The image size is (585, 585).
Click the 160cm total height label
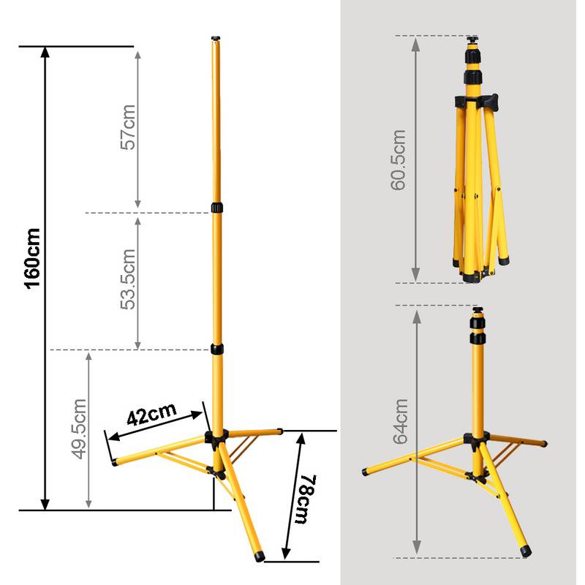[x=32, y=259]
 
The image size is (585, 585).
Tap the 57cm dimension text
[x=128, y=127]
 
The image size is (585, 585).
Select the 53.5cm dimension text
[x=128, y=279]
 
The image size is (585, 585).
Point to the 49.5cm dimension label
[x=79, y=429]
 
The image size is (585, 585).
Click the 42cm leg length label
[x=151, y=413]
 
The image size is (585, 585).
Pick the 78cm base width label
[x=306, y=499]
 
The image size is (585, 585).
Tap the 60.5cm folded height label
[x=398, y=160]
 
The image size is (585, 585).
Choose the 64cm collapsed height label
[x=401, y=422]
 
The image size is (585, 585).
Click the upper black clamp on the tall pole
[x=216, y=208]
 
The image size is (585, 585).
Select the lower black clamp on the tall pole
[x=217, y=350]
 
